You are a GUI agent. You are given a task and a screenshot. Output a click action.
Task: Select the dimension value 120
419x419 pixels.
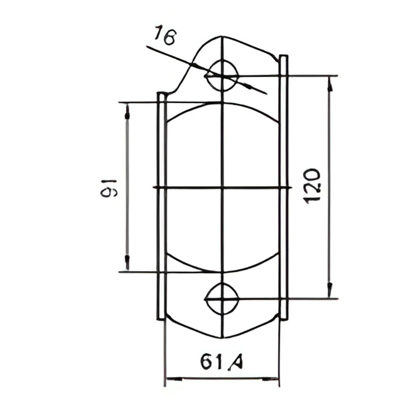pos(312,186)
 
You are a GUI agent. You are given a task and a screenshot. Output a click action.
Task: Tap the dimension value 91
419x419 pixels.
pos(109,188)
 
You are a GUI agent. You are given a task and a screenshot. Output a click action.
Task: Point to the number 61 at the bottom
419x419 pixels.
pos(212,361)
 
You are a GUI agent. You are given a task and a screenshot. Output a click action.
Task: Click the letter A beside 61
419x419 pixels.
pos(236,362)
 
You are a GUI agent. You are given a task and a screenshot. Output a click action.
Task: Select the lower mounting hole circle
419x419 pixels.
pos(222,299)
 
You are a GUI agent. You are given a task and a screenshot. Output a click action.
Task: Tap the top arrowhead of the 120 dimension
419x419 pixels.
pos(330,85)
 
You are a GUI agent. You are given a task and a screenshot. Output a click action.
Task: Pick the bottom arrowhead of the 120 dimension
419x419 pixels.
pos(330,289)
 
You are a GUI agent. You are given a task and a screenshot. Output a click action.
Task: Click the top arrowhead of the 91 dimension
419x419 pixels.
pos(127,112)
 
